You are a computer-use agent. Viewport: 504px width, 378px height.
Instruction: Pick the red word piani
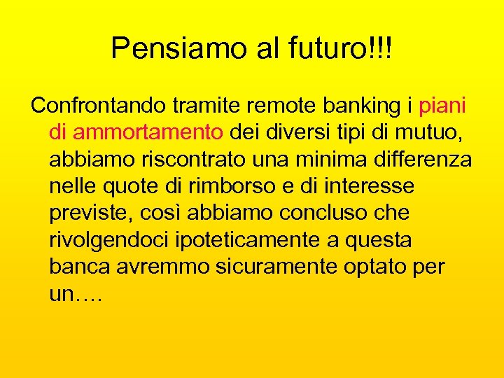[x=443, y=106]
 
